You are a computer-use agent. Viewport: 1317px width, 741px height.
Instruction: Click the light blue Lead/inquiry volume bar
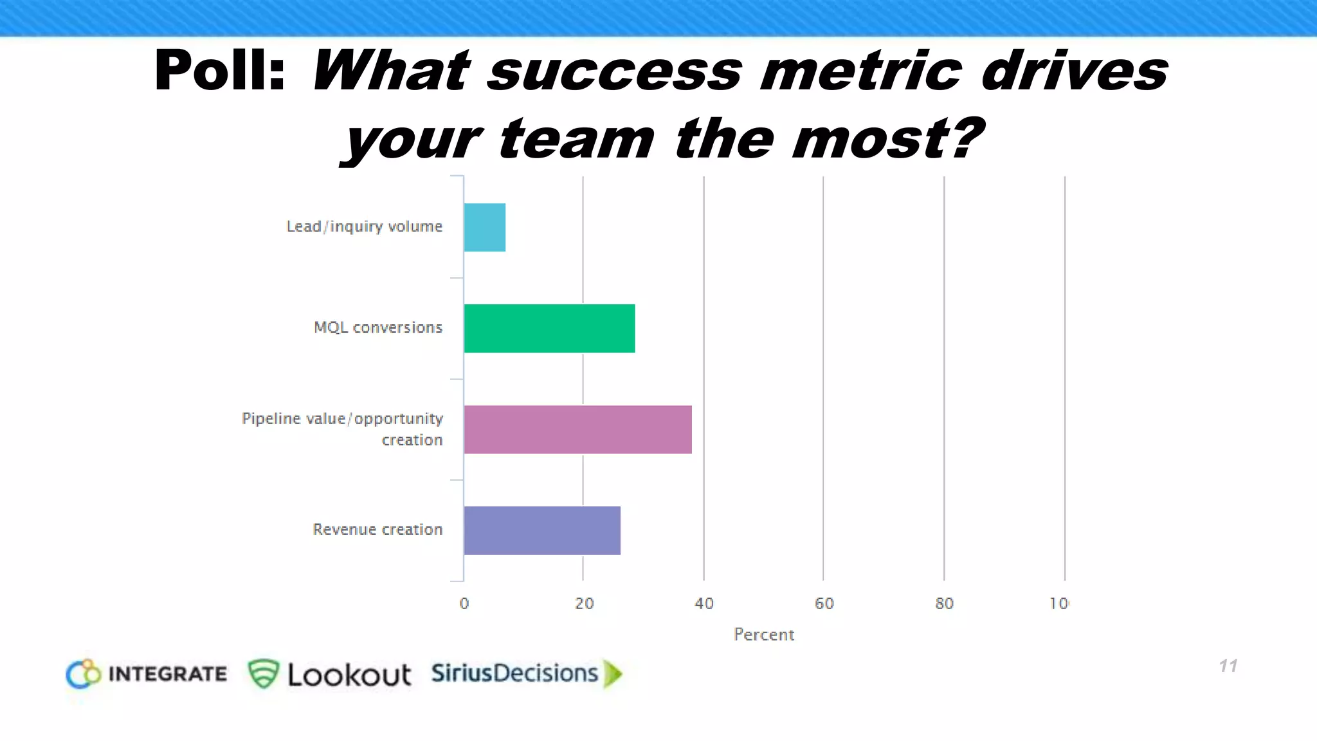click(484, 227)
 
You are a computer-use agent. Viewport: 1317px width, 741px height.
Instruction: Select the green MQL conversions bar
click(549, 328)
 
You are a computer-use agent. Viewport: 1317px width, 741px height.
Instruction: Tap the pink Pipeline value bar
click(577, 429)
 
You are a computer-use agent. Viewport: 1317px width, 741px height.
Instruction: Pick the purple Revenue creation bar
click(542, 530)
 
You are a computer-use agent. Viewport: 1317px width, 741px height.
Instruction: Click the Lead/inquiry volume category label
click(364, 226)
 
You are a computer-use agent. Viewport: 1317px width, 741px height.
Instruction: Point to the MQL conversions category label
click(378, 327)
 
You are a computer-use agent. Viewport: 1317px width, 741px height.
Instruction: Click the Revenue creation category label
click(377, 529)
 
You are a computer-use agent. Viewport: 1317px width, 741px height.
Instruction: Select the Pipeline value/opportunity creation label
click(342, 429)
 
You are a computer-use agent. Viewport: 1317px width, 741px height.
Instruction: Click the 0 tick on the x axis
click(464, 603)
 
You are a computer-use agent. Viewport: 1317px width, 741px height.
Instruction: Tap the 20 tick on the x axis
click(584, 603)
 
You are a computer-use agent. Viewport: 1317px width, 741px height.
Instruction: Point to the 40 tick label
click(704, 603)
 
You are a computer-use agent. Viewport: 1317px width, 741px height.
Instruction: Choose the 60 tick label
click(824, 603)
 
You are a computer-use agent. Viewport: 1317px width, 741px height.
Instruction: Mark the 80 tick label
click(944, 603)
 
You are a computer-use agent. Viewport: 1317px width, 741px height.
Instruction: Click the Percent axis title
click(764, 634)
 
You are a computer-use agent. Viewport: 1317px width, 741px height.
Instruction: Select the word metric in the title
click(861, 71)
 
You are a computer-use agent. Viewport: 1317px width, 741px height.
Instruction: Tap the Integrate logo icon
click(84, 674)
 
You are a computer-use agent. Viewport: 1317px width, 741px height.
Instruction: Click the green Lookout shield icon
click(263, 673)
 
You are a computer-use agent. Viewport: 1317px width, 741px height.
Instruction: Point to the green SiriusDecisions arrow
click(613, 673)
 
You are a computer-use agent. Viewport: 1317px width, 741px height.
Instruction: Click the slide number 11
click(1228, 666)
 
